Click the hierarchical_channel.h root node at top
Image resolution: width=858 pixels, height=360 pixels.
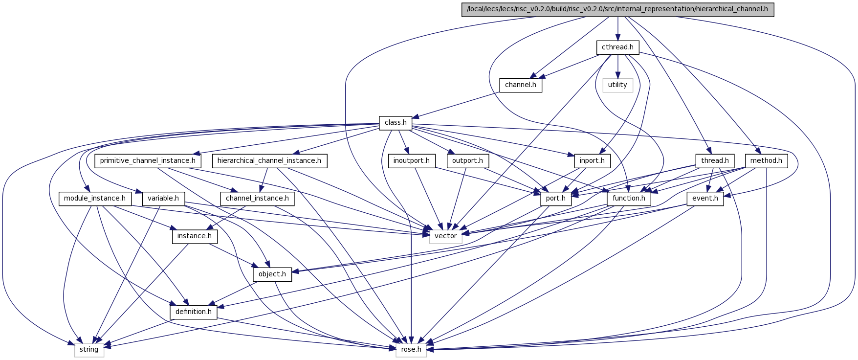pyautogui.click(x=618, y=10)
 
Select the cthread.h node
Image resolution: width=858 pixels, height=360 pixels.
pyautogui.click(x=617, y=47)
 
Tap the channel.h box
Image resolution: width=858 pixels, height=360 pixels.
pyautogui.click(x=521, y=85)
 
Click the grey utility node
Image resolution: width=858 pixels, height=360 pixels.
pyautogui.click(x=617, y=85)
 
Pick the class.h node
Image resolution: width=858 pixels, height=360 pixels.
pyautogui.click(x=396, y=123)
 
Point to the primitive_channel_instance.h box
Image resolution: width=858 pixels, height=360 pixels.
pyautogui.click(x=148, y=160)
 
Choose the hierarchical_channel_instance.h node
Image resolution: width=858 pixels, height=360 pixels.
pyautogui.click(x=269, y=160)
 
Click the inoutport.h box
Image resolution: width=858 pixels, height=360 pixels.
pyautogui.click(x=412, y=160)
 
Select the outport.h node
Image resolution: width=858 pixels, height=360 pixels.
pyautogui.click(x=467, y=160)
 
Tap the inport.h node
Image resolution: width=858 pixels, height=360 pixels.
pyautogui.click(x=592, y=160)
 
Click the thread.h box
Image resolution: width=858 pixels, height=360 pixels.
pyautogui.click(x=715, y=160)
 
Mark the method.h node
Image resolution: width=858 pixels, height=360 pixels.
pyautogui.click(x=766, y=160)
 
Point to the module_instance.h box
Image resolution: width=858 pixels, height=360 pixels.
pyautogui.click(x=95, y=199)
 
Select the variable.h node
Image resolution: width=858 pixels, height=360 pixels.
pyautogui.click(x=163, y=199)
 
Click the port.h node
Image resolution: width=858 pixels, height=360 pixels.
pyautogui.click(x=556, y=199)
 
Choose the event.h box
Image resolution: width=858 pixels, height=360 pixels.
pyautogui.click(x=705, y=199)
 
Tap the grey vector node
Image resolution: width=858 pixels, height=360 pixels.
pyautogui.click(x=446, y=236)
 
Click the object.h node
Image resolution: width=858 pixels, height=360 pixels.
pyautogui.click(x=272, y=274)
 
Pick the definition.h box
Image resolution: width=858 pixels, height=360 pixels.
pyautogui.click(x=194, y=312)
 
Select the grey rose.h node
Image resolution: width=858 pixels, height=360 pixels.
pyautogui.click(x=411, y=350)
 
